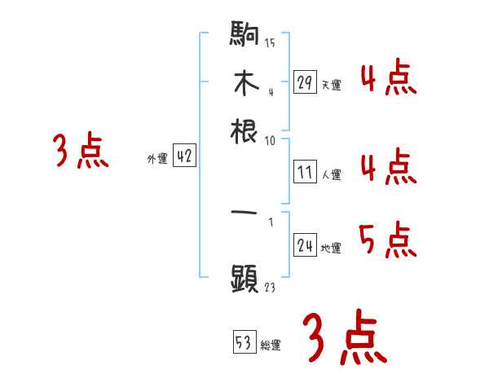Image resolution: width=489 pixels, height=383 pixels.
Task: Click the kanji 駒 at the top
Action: (244, 36)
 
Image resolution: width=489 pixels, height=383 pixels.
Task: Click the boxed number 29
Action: (305, 82)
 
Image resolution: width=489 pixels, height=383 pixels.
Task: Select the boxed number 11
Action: (305, 172)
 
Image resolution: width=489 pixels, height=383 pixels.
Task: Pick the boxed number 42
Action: (184, 157)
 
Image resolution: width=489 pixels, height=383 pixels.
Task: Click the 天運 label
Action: (331, 85)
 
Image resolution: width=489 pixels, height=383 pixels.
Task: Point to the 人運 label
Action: (331, 174)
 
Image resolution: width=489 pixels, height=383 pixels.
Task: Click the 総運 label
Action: (270, 345)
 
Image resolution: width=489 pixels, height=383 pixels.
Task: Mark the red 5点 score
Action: (387, 240)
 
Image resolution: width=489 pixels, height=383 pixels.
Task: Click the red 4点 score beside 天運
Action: (387, 79)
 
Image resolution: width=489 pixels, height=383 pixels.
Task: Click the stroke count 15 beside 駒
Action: (270, 42)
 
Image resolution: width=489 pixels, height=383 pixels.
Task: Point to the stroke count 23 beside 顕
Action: (270, 286)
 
